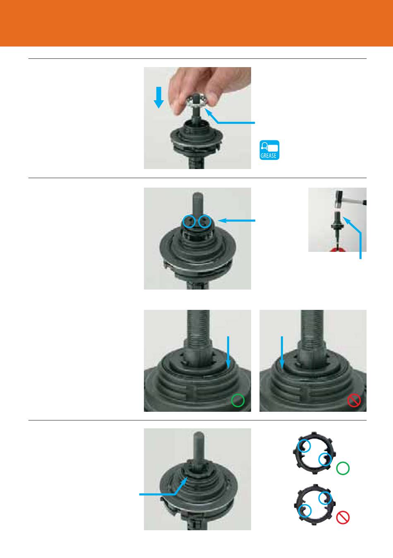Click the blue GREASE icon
[269, 150]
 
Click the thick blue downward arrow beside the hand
[158, 97]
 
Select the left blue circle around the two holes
[189, 221]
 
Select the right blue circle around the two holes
[205, 221]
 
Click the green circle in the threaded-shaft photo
[238, 400]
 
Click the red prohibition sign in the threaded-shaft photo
[354, 400]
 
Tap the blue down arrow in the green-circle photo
[228, 352]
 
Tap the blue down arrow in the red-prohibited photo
[282, 352]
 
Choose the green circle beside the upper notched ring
[343, 468]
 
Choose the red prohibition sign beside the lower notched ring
[343, 517]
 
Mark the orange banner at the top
[196, 23]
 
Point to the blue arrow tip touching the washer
[205, 109]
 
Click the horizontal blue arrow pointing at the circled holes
[236, 220]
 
